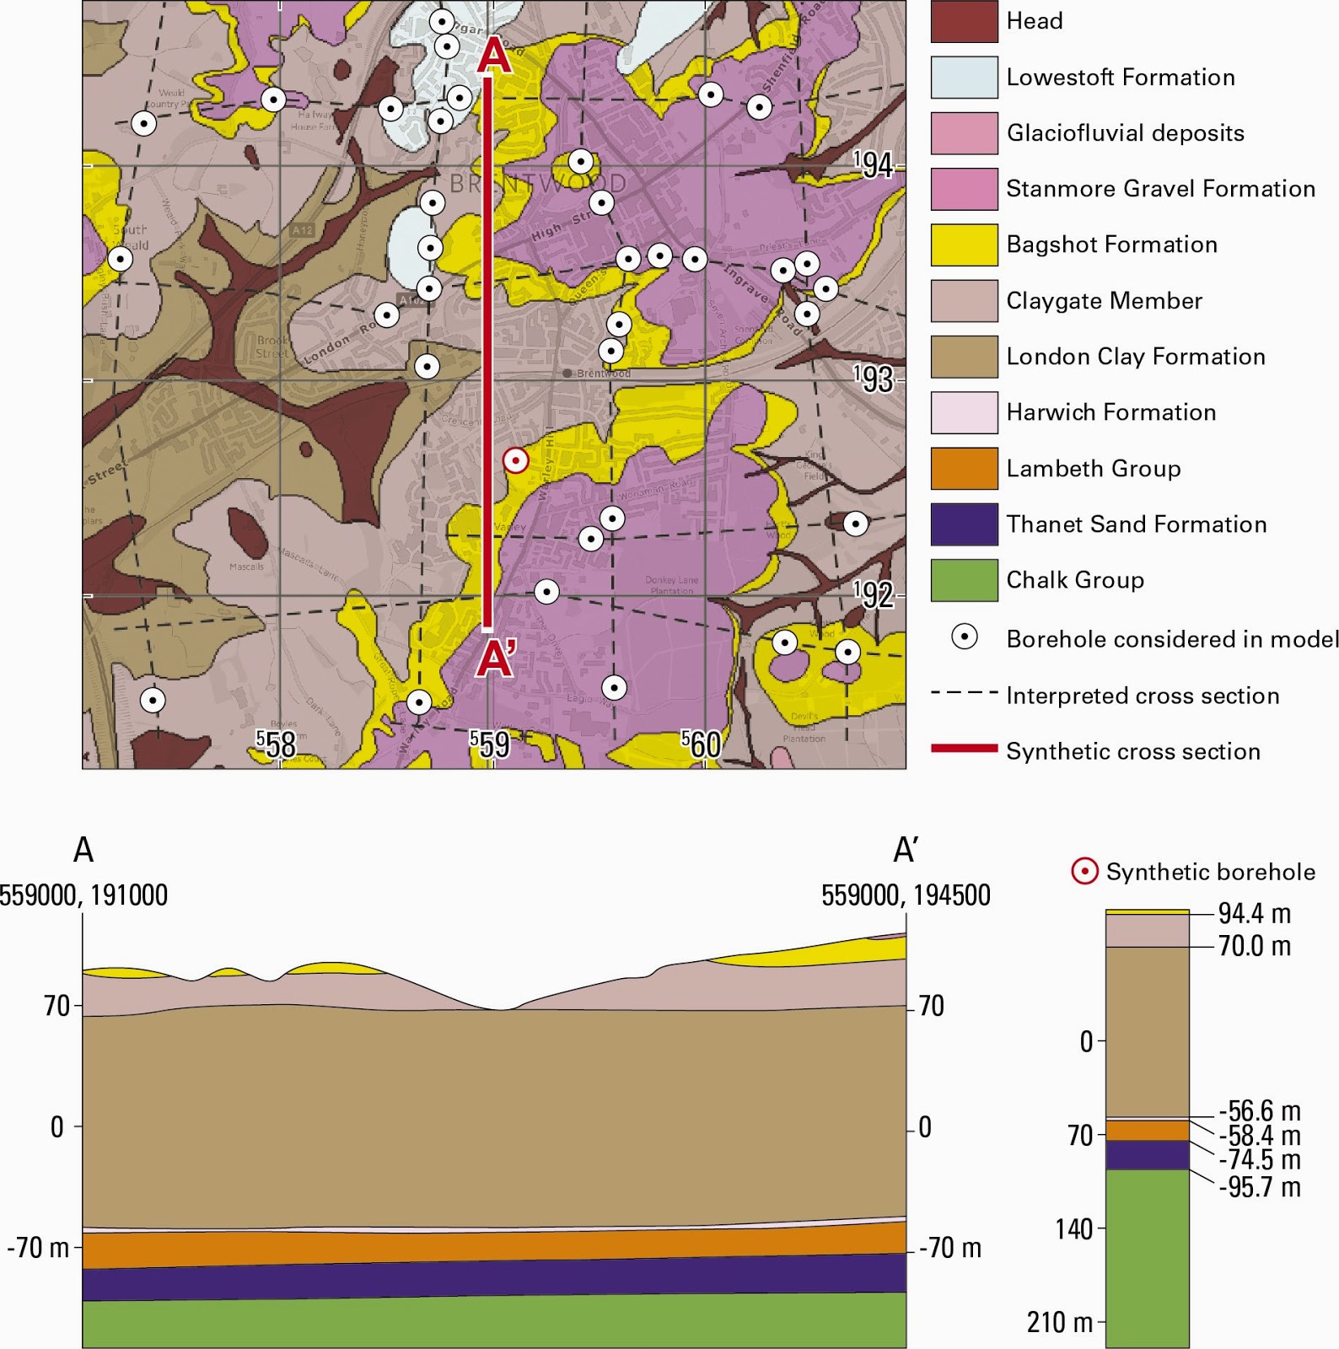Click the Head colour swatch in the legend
pyautogui.click(x=964, y=22)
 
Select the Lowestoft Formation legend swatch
pyautogui.click(x=964, y=78)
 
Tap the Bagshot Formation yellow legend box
pyautogui.click(x=964, y=245)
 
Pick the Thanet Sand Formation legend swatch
pyautogui.click(x=964, y=524)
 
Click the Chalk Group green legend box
pyautogui.click(x=964, y=580)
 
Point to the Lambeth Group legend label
pyautogui.click(x=1093, y=469)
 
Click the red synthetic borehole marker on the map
pyautogui.click(x=515, y=460)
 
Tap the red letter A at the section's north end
pyautogui.click(x=494, y=56)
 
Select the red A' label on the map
pyautogui.click(x=496, y=658)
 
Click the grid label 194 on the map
pyautogui.click(x=873, y=164)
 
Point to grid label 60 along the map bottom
pyautogui.click(x=702, y=744)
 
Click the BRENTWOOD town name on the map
pyautogui.click(x=538, y=183)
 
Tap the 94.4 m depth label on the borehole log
pyautogui.click(x=1255, y=914)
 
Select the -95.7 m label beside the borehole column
pyautogui.click(x=1260, y=1187)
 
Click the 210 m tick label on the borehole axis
pyautogui.click(x=1058, y=1322)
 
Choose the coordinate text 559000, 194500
pyautogui.click(x=906, y=895)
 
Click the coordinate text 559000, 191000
pyautogui.click(x=83, y=895)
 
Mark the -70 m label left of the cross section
pyautogui.click(x=38, y=1248)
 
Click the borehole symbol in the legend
pyautogui.click(x=964, y=637)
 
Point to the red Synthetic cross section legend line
pyautogui.click(x=964, y=748)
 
